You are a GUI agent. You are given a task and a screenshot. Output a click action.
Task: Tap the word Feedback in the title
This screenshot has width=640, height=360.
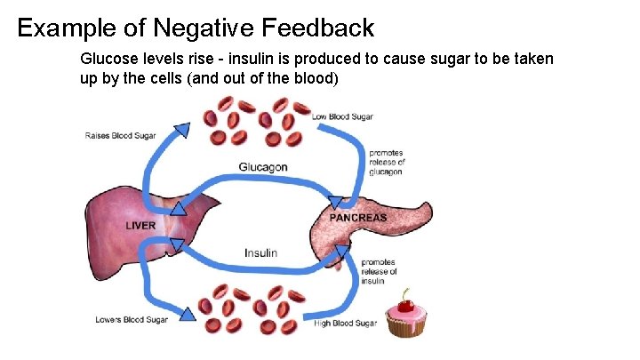point(317,28)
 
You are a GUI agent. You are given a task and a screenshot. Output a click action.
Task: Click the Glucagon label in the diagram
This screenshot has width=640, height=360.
point(262,167)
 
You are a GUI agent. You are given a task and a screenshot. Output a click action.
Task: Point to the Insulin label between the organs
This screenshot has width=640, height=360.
point(260,252)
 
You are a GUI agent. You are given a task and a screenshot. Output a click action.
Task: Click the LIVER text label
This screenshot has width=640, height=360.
point(140,226)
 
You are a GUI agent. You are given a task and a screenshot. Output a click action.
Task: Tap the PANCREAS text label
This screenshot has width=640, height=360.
point(358,218)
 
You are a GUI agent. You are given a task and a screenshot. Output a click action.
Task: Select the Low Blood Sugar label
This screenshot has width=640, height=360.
point(342,116)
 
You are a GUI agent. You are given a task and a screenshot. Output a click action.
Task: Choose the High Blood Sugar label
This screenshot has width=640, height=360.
point(345,323)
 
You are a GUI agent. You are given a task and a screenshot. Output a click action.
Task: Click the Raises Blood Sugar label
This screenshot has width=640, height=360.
point(120,136)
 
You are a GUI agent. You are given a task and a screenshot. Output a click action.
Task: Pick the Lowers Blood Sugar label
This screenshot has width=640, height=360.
point(132,320)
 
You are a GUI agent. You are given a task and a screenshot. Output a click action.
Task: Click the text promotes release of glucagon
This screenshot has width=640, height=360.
point(387,163)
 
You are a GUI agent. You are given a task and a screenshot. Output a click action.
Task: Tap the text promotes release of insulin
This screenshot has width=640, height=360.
point(379,271)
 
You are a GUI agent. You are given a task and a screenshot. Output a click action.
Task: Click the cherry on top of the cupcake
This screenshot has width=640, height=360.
point(407,305)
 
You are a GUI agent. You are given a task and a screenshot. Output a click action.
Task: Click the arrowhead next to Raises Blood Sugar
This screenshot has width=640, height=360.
point(181,131)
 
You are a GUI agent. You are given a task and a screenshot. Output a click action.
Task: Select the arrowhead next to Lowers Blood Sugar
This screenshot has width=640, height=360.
point(188,313)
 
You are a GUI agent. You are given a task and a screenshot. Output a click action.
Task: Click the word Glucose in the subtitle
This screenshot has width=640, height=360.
point(107,59)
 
